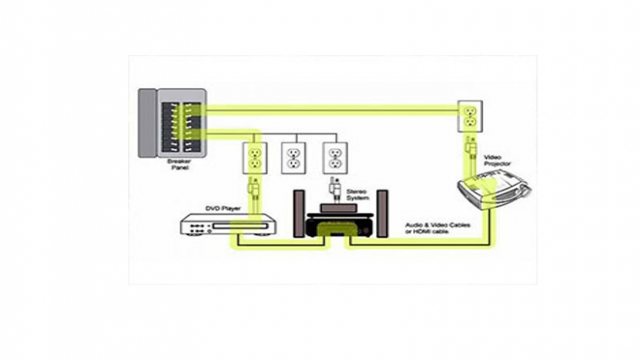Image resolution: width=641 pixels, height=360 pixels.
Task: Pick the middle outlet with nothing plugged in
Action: pyautogui.click(x=293, y=156)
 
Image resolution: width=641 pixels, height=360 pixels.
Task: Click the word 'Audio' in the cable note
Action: pyautogui.click(x=414, y=224)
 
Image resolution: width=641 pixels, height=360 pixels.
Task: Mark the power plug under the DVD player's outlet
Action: pyautogui.click(x=255, y=190)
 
